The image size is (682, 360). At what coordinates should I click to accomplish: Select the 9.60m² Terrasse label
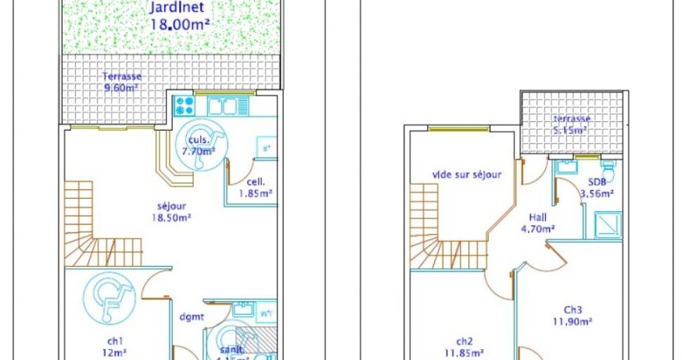[x=121, y=82]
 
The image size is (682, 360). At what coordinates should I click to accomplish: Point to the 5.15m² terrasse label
[x=573, y=124]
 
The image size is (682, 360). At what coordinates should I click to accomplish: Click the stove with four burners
[x=185, y=106]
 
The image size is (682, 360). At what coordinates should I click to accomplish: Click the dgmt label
[x=191, y=317]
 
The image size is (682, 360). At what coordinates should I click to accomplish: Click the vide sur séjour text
[x=467, y=175]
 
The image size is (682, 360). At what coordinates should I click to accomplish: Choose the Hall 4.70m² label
[x=537, y=223]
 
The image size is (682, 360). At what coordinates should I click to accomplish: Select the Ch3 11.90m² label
[x=573, y=315]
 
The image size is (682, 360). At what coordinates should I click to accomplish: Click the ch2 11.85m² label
[x=465, y=347]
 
